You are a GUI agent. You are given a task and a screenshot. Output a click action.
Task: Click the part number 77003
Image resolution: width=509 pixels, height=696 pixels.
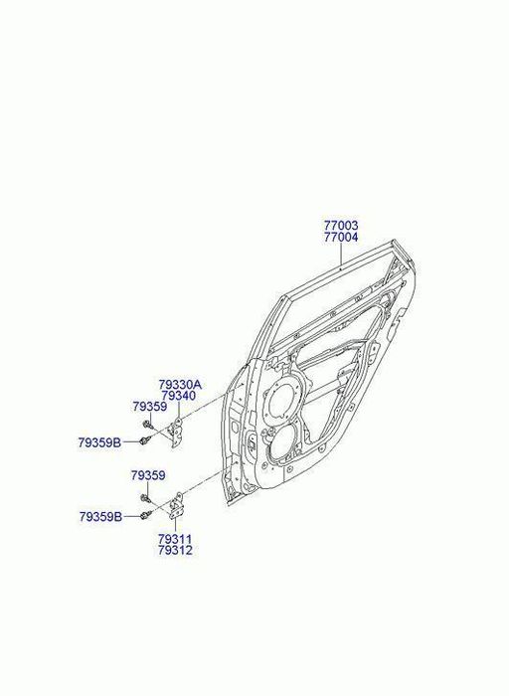(341, 225)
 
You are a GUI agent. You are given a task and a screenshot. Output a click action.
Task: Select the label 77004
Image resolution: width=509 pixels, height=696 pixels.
(341, 237)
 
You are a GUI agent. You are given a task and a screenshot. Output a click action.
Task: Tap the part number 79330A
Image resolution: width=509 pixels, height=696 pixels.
(180, 385)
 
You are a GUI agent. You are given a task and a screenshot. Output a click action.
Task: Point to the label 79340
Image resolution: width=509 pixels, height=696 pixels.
(178, 396)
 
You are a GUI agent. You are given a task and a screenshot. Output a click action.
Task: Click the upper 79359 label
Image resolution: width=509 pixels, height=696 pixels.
(149, 407)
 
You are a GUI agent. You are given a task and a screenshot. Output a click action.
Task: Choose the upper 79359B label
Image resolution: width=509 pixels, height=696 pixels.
(99, 442)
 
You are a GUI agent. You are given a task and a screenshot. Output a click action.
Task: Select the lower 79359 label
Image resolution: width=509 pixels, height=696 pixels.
(148, 476)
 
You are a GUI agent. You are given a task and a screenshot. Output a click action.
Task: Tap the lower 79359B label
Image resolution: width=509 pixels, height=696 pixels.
(101, 517)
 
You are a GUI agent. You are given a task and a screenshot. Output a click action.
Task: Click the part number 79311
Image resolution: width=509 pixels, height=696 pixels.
(175, 539)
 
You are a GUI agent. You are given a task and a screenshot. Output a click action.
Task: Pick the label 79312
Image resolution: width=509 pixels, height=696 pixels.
(175, 551)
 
